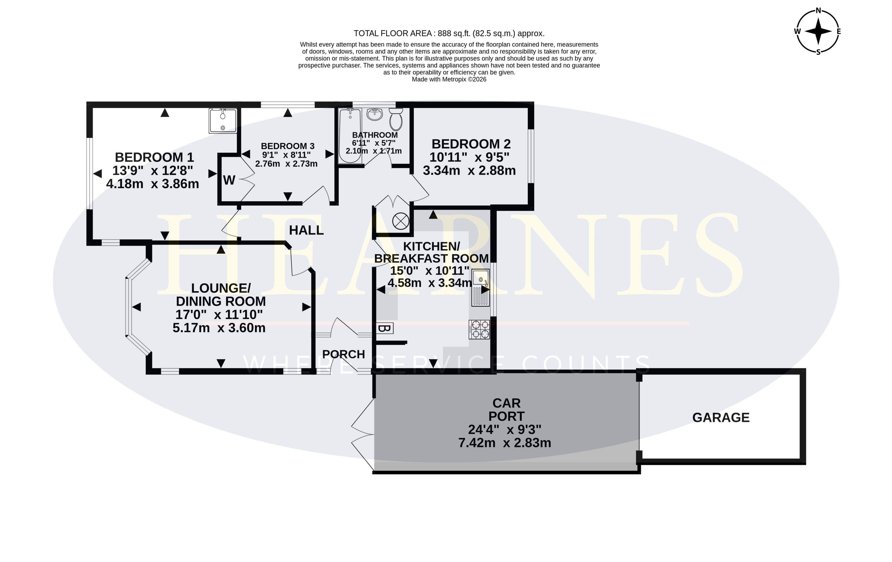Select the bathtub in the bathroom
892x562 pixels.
click(x=350, y=136)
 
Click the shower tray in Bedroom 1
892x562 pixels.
click(x=223, y=120)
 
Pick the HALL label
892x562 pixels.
click(x=306, y=230)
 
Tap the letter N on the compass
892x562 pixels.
click(x=818, y=10)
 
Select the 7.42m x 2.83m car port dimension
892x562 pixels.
click(x=505, y=443)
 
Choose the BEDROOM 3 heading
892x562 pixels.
click(x=288, y=146)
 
